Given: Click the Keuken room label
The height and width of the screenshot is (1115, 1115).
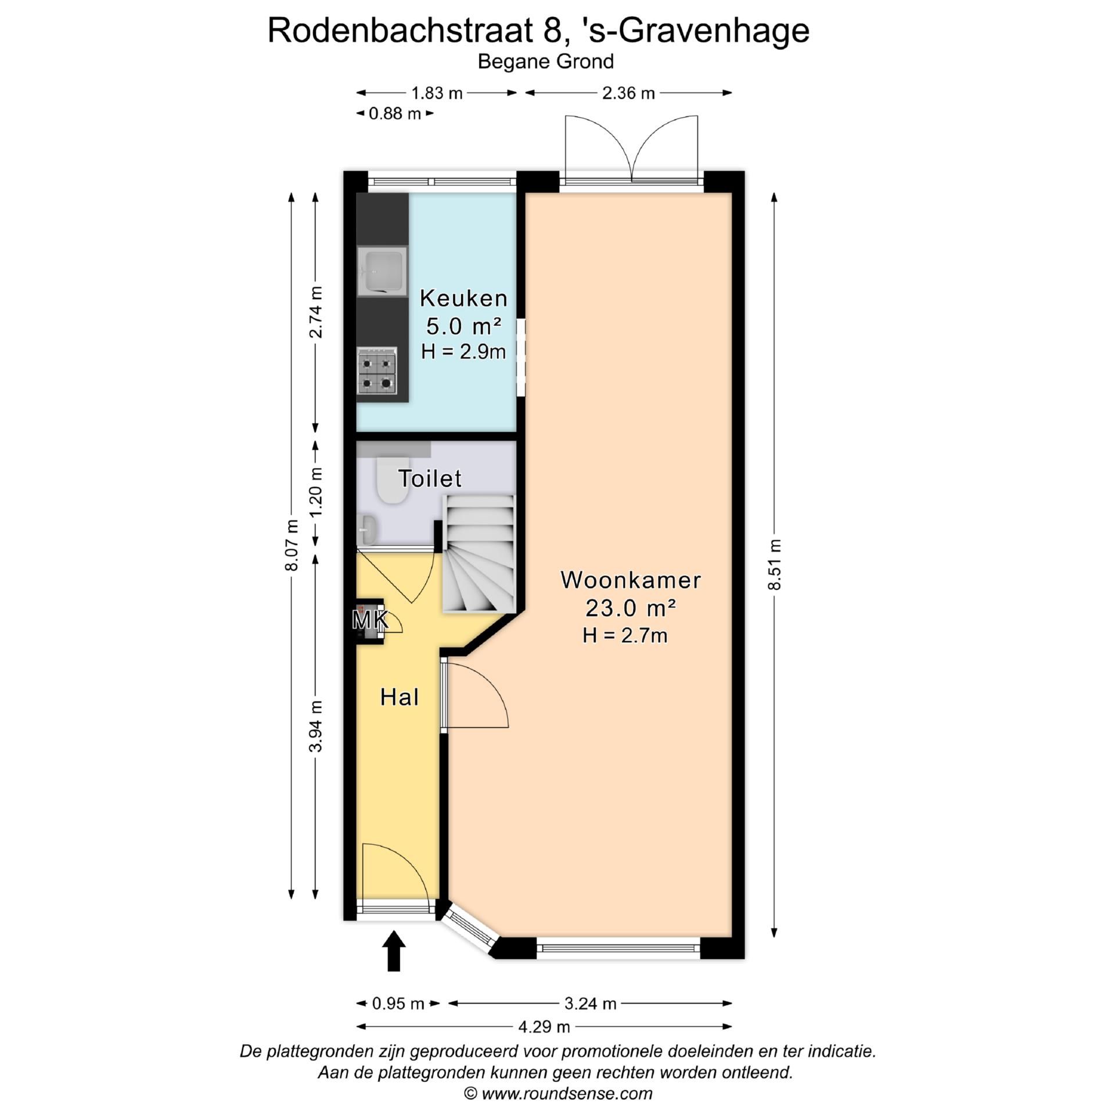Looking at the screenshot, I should coord(463,298).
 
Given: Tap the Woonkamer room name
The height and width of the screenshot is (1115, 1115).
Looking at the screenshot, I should coord(630,580).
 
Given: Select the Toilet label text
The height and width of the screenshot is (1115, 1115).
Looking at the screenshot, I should coord(430,479).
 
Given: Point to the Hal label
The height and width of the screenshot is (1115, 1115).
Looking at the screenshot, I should coord(400,697).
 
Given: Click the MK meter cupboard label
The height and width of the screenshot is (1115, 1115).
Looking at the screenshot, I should coord(369,620).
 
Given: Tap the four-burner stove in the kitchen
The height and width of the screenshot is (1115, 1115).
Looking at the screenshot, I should coord(377,371).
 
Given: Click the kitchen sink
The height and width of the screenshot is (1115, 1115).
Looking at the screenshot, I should coord(382,271).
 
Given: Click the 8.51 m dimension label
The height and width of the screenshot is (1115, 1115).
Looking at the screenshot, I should coord(774,564).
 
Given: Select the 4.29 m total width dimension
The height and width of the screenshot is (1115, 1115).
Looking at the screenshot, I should coord(544,1027).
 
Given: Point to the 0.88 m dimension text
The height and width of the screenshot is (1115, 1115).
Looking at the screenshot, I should coord(394,114).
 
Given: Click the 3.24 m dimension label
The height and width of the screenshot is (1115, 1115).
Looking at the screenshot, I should coord(590,1003).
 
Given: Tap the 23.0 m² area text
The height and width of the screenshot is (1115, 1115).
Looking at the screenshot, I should coord(630,608).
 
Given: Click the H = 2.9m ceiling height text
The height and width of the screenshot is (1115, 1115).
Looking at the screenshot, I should coord(463,351).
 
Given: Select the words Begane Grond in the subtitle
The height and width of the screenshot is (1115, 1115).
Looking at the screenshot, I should coord(545,62).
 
